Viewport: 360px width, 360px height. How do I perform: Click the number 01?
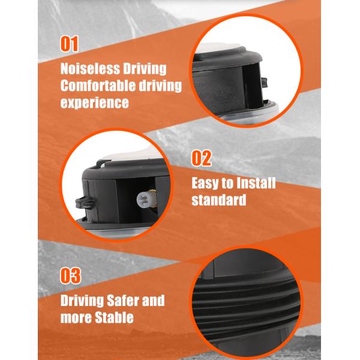(70, 44)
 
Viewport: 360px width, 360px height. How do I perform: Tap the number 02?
(202, 158)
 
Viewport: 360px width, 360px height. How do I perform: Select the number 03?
(71, 275)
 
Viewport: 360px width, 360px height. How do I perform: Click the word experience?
(95, 103)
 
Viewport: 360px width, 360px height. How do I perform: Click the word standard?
(219, 200)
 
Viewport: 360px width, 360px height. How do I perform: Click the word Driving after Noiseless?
(144, 68)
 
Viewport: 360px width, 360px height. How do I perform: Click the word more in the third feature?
(76, 317)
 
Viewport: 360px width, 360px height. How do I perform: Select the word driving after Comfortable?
(161, 85)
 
